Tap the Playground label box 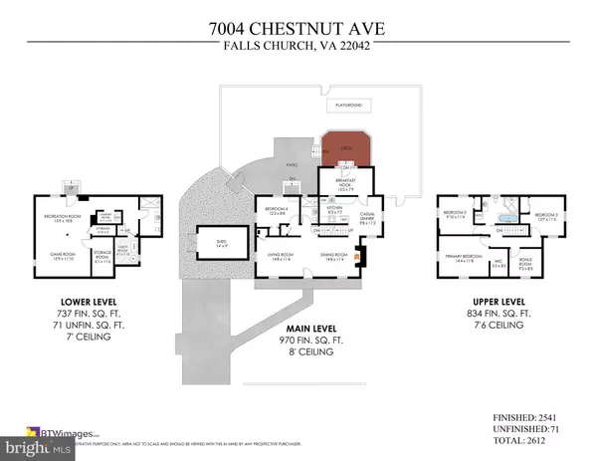pos(346,105)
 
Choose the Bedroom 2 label pos(455,214)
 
